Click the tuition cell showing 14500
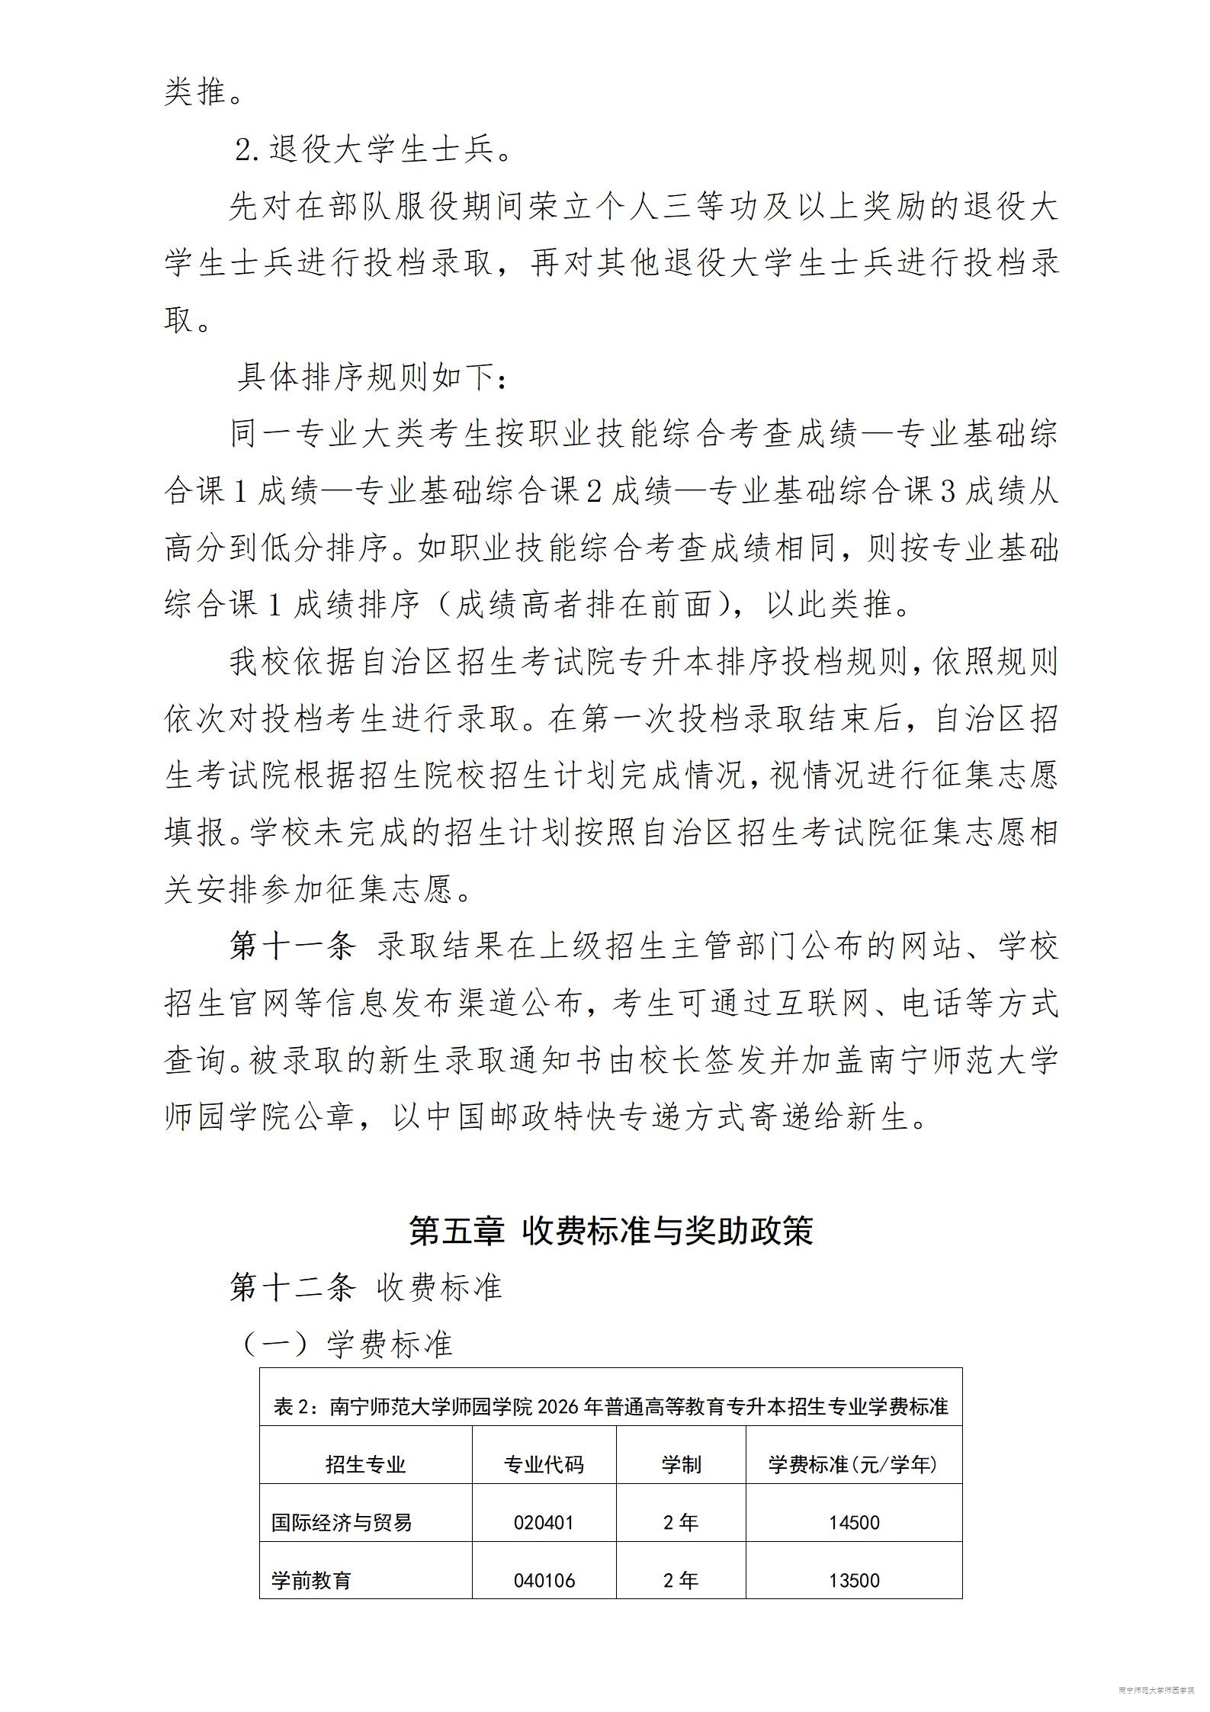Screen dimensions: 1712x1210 (854, 1523)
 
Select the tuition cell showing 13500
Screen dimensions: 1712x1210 (854, 1581)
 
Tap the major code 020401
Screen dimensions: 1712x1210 (544, 1523)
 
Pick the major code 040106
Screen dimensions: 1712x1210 (544, 1581)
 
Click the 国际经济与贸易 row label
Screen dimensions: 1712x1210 (342, 1523)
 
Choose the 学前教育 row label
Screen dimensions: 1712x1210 (311, 1581)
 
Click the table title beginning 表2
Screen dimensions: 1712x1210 (611, 1407)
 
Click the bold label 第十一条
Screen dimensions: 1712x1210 (293, 946)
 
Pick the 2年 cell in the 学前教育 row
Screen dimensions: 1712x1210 (681, 1581)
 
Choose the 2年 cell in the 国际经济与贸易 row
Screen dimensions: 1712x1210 (681, 1523)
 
